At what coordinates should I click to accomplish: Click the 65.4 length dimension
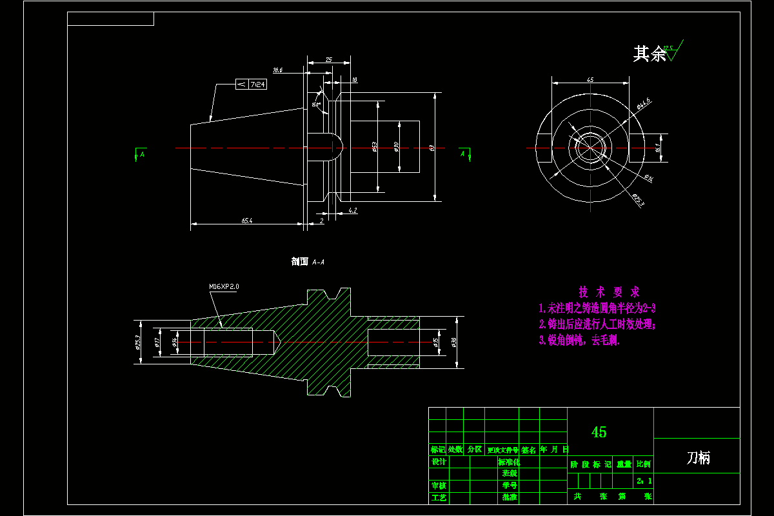(247, 221)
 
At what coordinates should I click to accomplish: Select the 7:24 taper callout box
(251, 84)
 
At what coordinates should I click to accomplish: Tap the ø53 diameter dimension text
(375, 147)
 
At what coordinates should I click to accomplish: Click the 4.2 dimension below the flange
(352, 211)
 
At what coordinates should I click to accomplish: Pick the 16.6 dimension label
(278, 70)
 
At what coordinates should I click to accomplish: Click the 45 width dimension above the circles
(590, 79)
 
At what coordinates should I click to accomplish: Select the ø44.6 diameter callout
(643, 102)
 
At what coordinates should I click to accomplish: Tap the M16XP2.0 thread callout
(228, 286)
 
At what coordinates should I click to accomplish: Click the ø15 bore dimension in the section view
(435, 341)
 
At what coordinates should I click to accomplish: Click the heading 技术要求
(609, 292)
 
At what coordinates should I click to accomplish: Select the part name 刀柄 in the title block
(697, 458)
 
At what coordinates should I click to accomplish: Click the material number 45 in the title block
(599, 432)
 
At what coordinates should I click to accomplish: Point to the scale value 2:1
(644, 481)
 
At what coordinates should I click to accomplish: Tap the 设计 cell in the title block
(439, 462)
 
